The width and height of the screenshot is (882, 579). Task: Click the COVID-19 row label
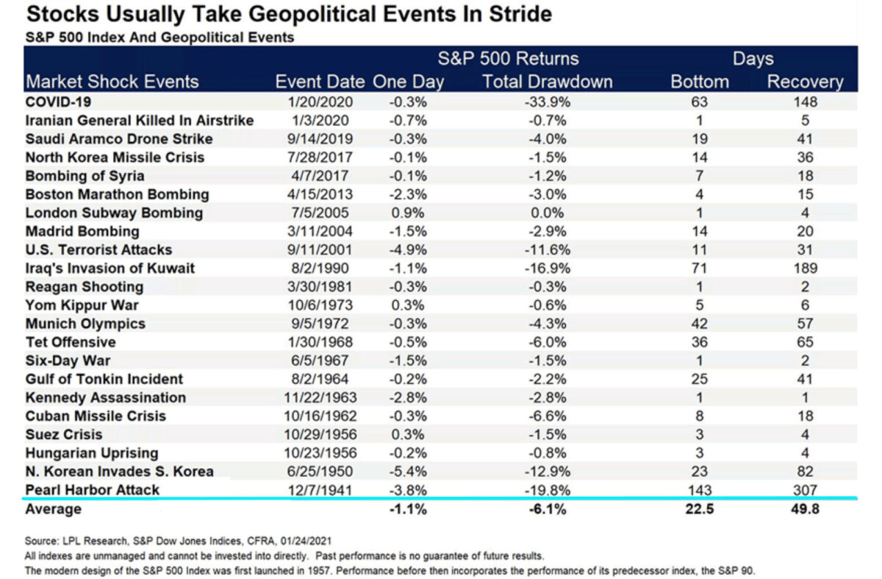pos(58,102)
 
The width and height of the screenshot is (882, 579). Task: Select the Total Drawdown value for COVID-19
pos(548,102)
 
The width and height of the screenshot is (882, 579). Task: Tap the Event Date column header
pos(320,82)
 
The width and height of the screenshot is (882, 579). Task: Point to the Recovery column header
pos(805,82)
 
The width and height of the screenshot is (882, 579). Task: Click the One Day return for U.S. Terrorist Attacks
pos(408,250)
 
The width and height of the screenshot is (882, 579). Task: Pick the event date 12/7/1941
pos(320,490)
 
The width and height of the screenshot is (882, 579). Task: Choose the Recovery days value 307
pos(805,490)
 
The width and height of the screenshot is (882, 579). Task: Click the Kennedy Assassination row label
pos(106,397)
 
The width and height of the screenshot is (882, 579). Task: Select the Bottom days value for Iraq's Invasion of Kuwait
pos(699,269)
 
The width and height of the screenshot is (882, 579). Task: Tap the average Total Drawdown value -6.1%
pos(548,509)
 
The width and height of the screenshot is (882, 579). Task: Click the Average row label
pos(54,509)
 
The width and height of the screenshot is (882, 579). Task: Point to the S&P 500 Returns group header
pos(509,59)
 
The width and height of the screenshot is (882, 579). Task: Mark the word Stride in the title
pos(520,14)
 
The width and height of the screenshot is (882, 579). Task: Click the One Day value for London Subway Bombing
pos(408,213)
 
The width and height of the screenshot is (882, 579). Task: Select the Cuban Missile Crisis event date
pos(320,416)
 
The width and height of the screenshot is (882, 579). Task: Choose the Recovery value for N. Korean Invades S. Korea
pos(805,472)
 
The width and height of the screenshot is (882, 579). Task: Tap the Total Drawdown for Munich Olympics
pos(548,324)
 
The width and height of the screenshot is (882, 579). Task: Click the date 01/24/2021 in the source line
pos(306,541)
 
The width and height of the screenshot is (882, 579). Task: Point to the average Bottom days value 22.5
pos(699,509)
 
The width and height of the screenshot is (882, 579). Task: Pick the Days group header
pos(753,59)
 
